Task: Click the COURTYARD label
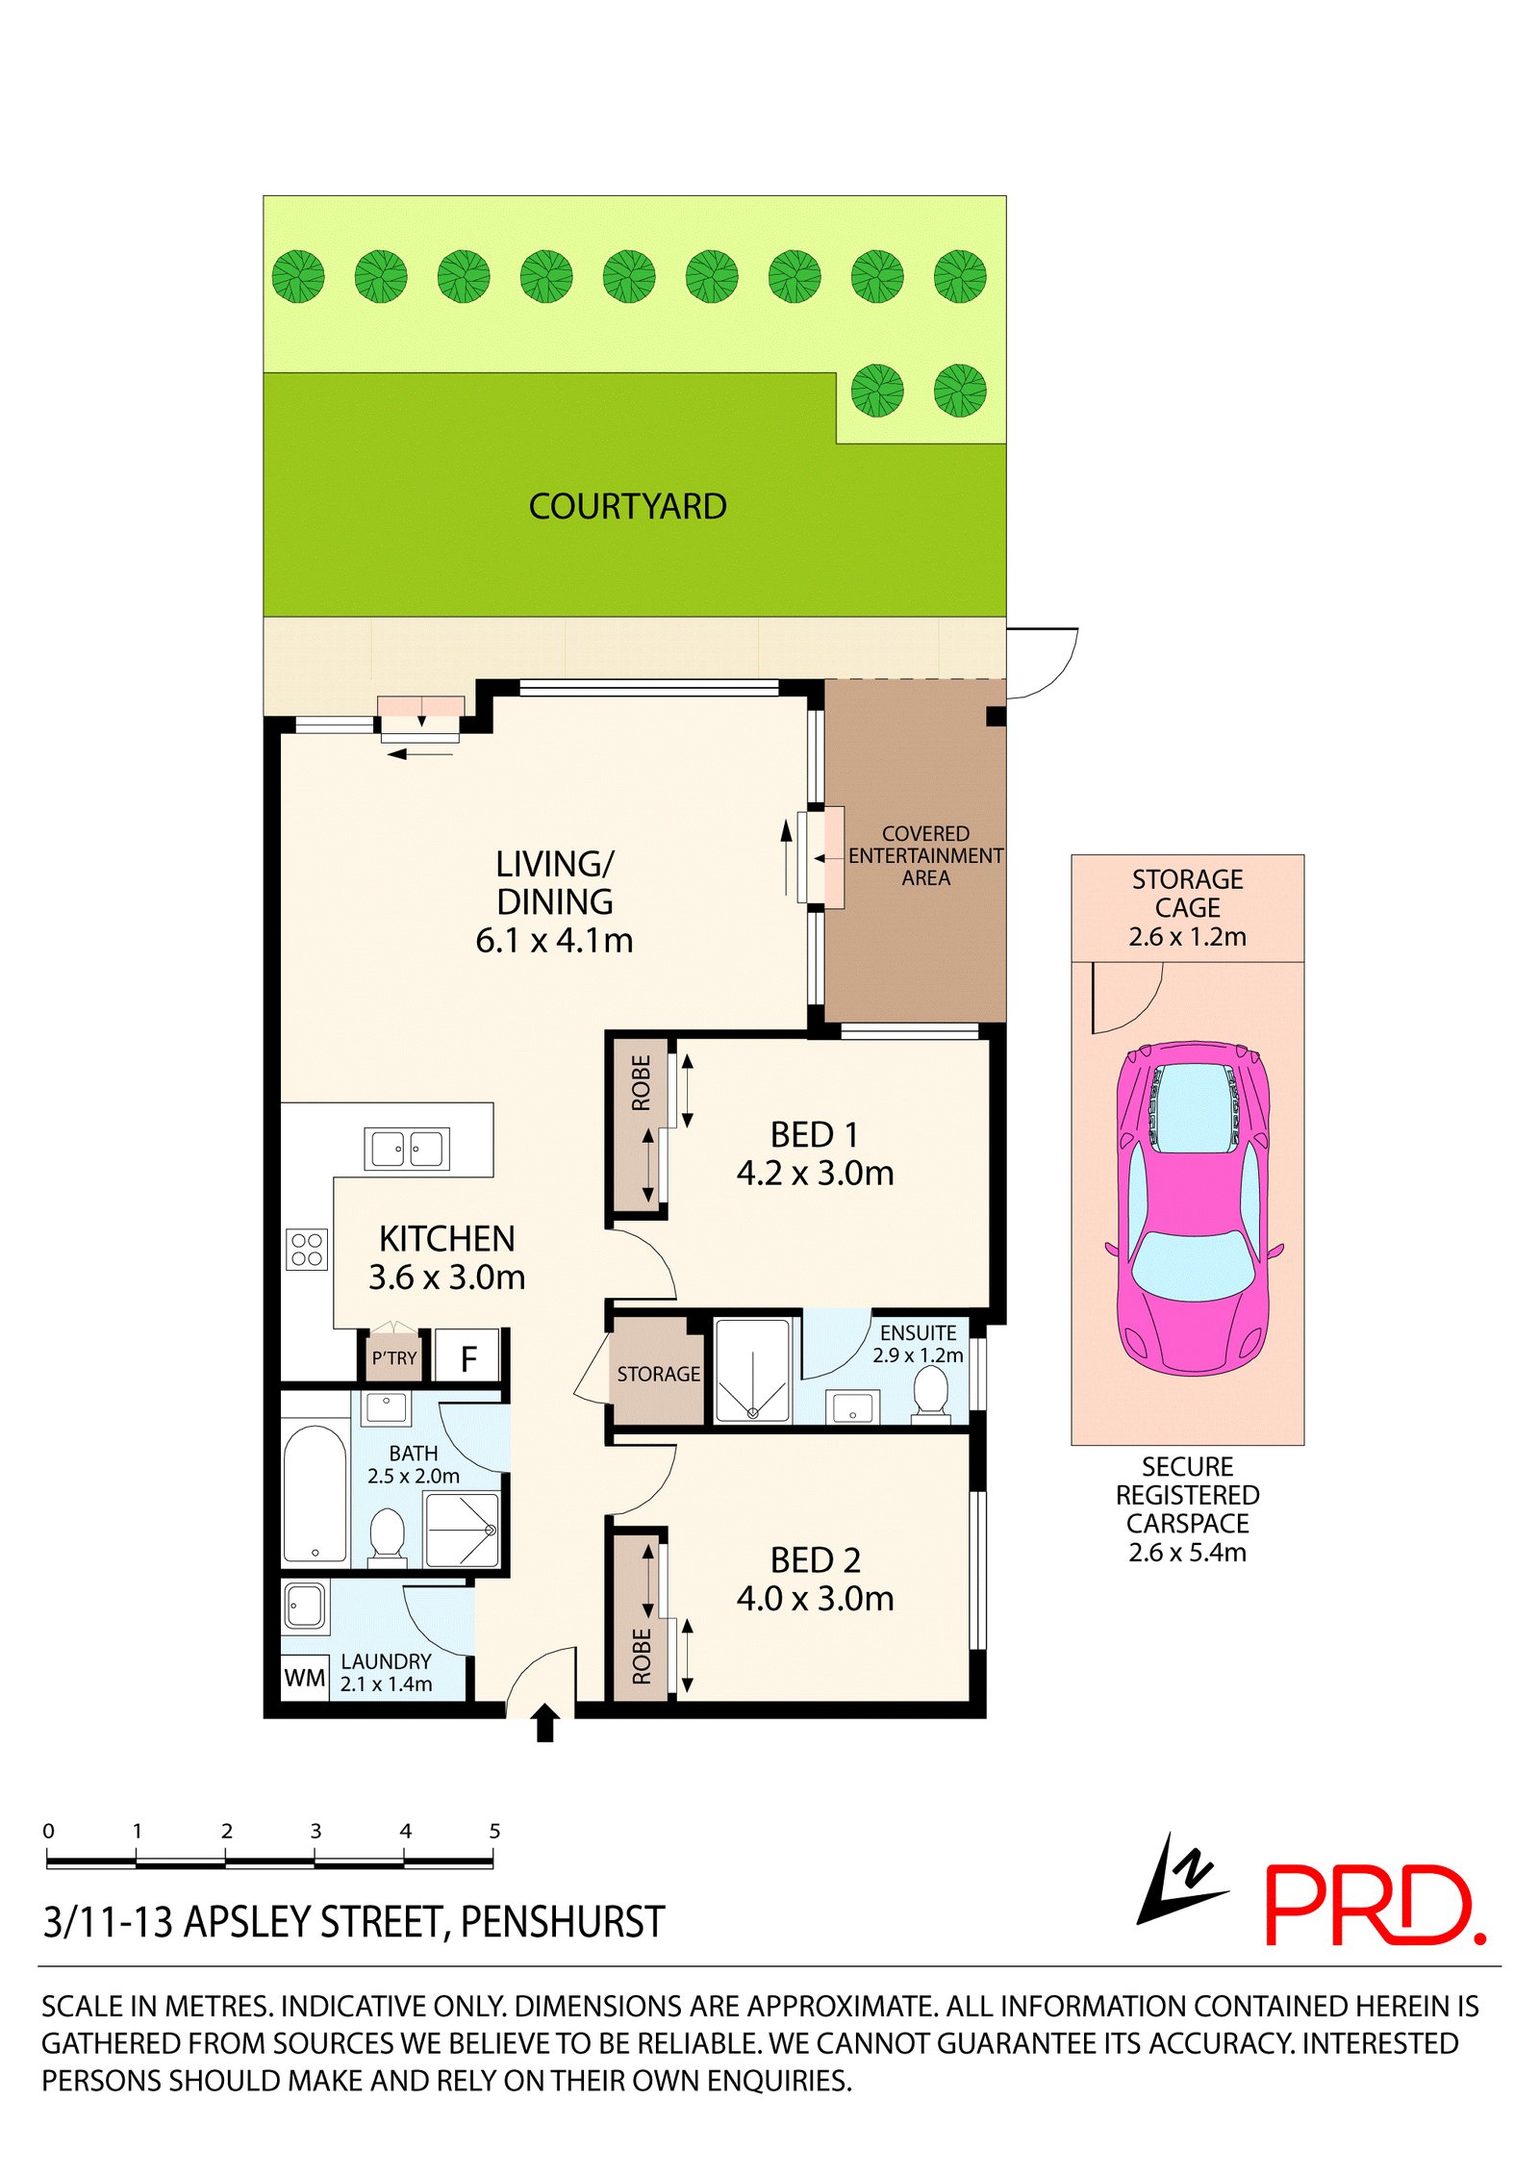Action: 627,507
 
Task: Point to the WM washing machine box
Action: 304,1679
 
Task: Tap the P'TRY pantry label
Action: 394,1358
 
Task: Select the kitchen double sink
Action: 407,1149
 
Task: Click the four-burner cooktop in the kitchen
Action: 307,1250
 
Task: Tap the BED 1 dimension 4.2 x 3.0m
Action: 815,1174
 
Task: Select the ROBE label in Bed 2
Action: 642,1656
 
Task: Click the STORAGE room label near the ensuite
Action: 658,1375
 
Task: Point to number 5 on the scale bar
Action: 494,1832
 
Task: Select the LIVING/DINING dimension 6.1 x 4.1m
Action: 554,940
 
